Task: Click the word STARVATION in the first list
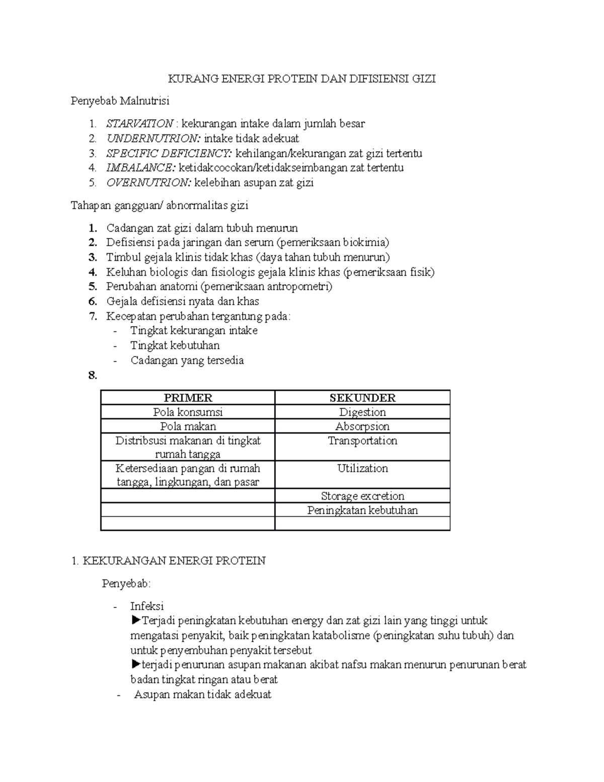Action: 139,123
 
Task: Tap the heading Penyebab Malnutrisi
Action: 120,101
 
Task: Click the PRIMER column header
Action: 188,398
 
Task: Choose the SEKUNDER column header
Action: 362,398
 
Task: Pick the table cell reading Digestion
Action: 362,412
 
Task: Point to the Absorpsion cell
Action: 362,426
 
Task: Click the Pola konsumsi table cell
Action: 188,412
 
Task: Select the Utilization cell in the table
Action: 362,468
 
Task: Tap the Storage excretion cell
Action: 362,496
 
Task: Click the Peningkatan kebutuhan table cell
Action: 362,510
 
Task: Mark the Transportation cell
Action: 362,441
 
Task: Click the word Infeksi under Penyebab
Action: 147,606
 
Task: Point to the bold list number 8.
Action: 92,375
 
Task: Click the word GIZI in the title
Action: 424,79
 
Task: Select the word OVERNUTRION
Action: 148,182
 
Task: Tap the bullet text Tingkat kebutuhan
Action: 175,345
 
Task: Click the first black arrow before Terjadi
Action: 135,620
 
